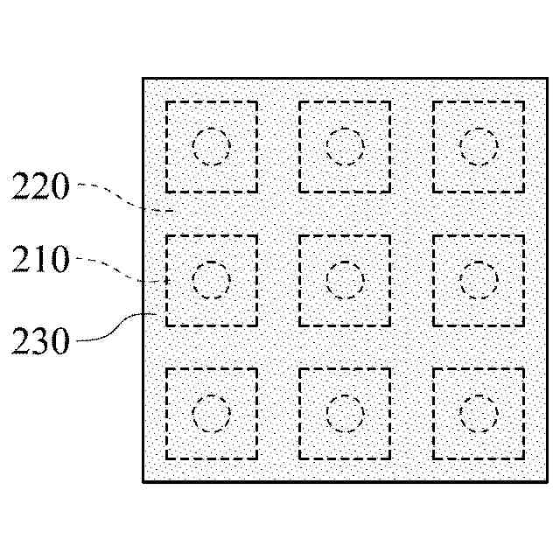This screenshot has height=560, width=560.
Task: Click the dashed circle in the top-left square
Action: [x=211, y=146]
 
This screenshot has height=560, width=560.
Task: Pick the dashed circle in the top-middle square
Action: [x=345, y=146]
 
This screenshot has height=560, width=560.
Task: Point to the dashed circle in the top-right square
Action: [x=479, y=146]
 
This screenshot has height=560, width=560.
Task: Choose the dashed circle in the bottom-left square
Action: [x=211, y=414]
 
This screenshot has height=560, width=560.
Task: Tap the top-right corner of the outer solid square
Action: [x=548, y=79]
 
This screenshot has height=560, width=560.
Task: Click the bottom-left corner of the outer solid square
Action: [x=143, y=481]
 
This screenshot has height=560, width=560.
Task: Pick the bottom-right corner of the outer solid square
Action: [x=548, y=481]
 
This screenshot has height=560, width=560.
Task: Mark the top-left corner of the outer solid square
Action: [x=143, y=79]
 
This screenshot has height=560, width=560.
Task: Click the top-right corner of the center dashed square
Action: [x=390, y=235]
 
